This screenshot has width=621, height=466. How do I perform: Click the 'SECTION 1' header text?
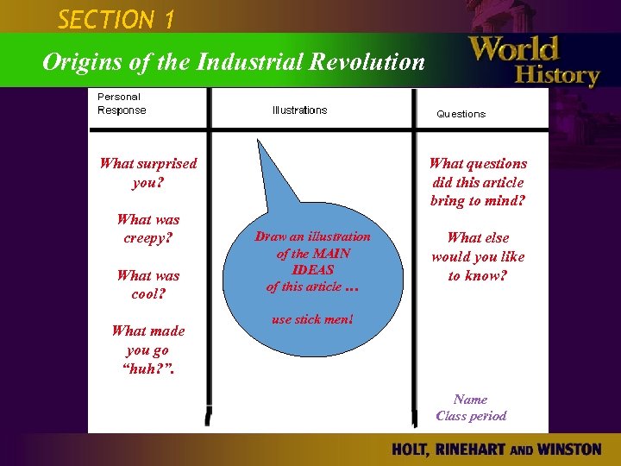point(116,17)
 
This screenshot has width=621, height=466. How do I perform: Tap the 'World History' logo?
point(534,60)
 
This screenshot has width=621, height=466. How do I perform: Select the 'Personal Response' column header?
point(122,104)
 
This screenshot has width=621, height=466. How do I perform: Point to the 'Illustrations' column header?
point(299,110)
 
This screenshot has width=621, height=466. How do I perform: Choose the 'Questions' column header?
point(461,114)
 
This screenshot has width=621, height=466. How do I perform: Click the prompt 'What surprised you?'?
point(148,173)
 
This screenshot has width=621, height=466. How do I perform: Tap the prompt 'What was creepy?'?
point(147,229)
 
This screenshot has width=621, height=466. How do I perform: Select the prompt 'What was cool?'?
point(147,285)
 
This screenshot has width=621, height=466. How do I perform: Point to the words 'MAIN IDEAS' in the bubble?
point(312,261)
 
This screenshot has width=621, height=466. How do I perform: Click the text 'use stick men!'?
point(311,319)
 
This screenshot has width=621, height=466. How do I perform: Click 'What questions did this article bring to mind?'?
point(478,182)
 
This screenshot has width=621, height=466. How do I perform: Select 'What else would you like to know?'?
point(478,256)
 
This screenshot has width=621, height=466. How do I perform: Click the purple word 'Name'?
point(470,400)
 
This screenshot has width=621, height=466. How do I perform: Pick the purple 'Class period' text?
point(471,416)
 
